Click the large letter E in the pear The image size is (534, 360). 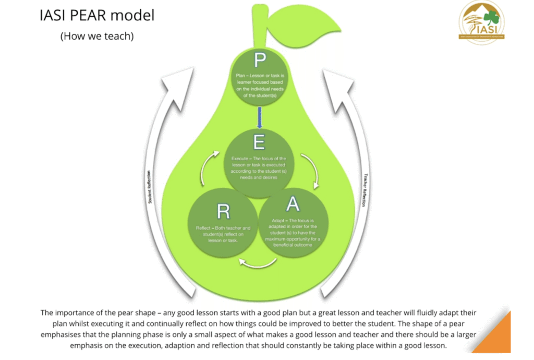pos(259,141)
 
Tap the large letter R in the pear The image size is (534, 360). pos(223,211)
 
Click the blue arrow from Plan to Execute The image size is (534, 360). pos(259,115)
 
